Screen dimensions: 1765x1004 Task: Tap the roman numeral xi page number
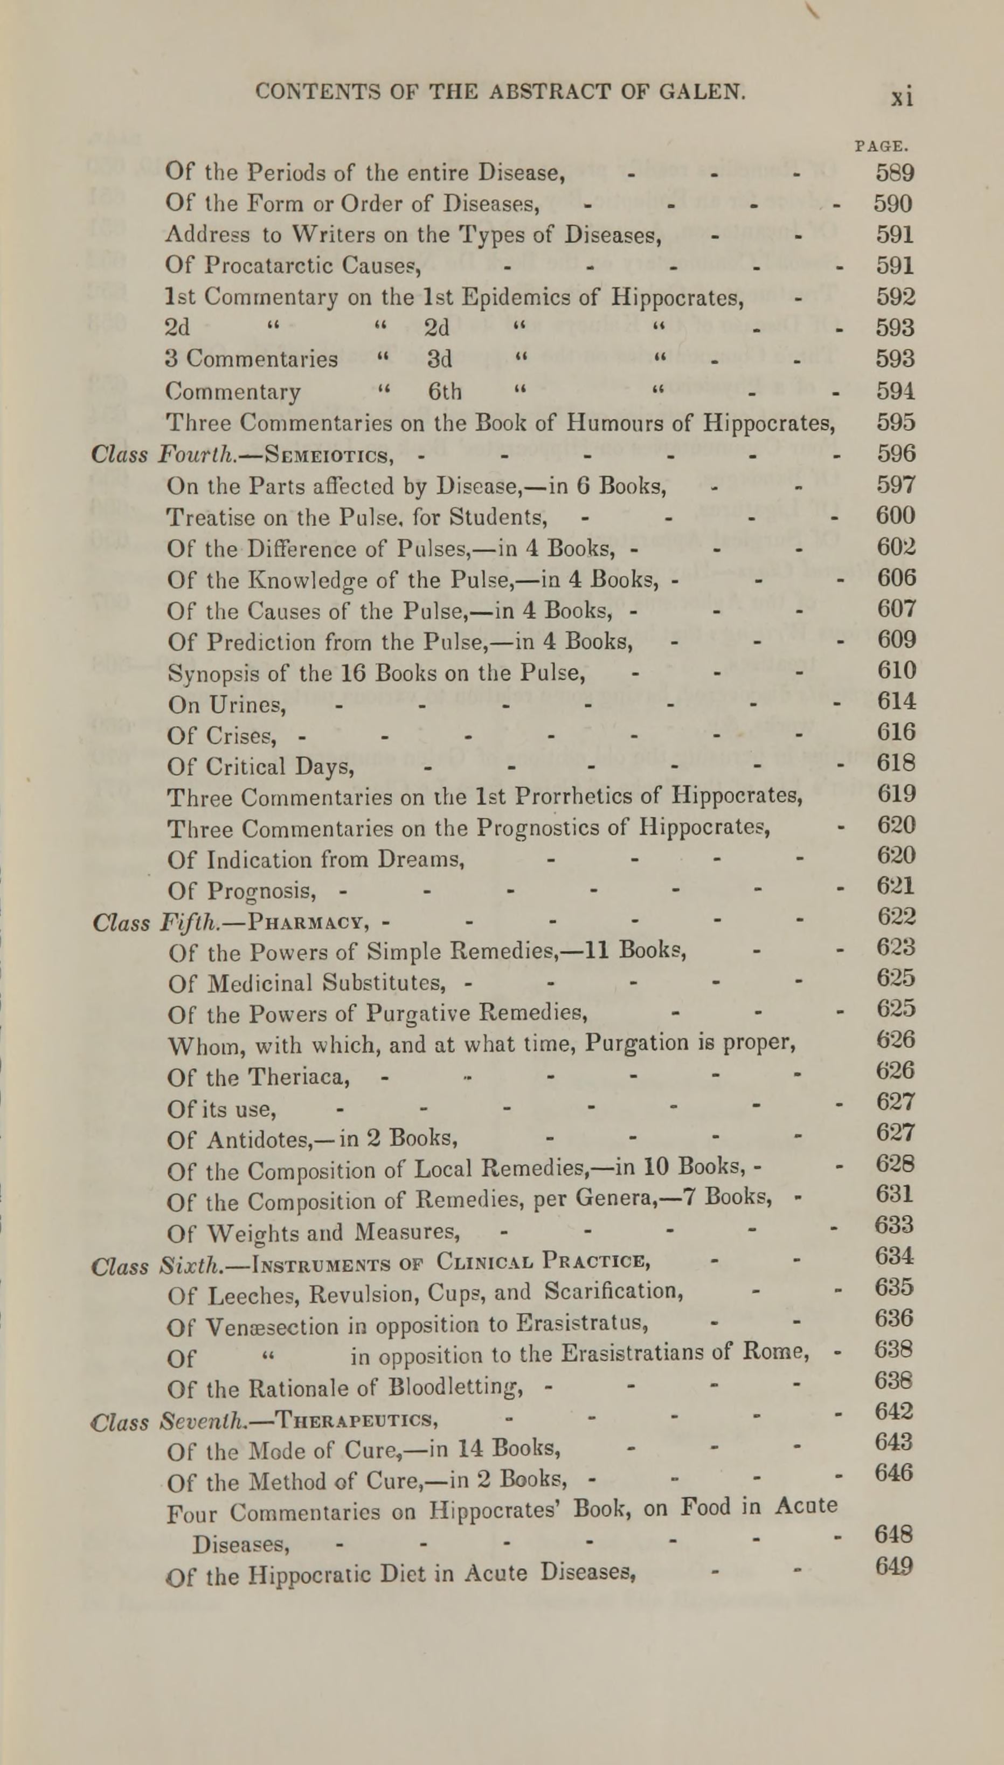tap(901, 96)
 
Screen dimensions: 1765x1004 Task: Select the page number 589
tap(895, 173)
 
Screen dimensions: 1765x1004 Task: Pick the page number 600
tap(896, 516)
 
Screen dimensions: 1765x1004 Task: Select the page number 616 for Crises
tap(896, 732)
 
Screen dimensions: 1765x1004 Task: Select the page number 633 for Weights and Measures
tap(895, 1225)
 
